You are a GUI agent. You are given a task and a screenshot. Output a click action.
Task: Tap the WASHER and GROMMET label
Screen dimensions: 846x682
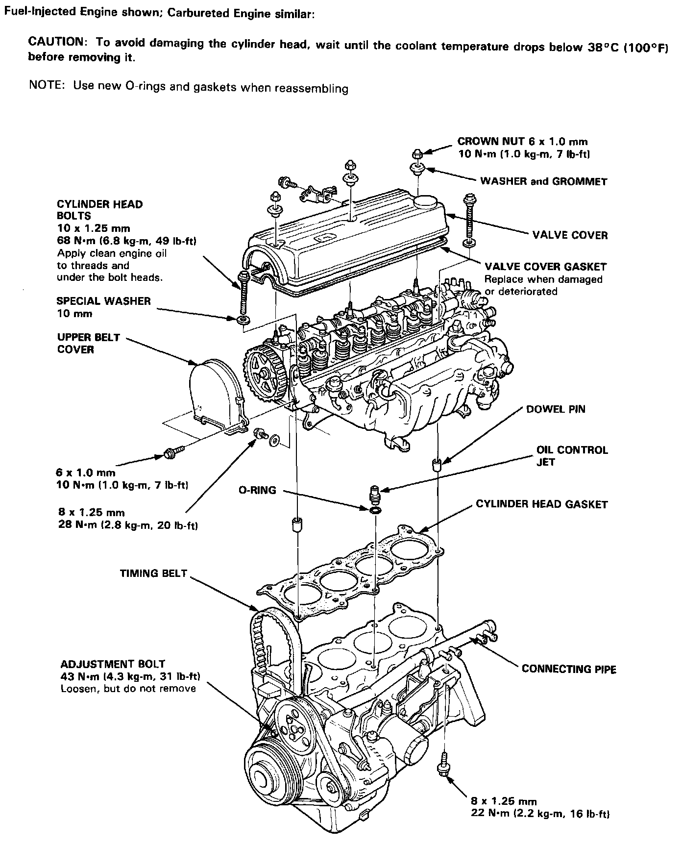pos(543,182)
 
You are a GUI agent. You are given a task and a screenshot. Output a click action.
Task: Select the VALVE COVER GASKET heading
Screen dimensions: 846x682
pos(545,267)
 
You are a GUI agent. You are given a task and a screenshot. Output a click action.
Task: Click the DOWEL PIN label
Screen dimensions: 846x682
pos(555,409)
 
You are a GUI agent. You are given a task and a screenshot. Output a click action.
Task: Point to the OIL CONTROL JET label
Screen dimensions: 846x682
pos(572,455)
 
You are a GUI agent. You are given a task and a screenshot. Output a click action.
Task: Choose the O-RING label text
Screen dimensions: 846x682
pos(257,490)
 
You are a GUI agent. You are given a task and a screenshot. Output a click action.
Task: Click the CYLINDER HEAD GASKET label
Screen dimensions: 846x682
pos(541,504)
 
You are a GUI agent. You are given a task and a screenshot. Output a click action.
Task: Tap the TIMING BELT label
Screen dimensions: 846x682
pos(153,573)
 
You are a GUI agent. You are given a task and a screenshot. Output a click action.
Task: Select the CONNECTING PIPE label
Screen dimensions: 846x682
pos(569,669)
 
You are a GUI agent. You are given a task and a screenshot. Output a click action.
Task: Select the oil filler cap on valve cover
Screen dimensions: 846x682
pos(424,203)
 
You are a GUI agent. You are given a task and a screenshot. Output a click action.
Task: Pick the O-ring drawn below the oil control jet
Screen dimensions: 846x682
pos(376,511)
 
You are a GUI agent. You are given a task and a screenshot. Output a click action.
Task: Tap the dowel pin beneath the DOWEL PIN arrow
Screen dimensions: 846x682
pos(436,464)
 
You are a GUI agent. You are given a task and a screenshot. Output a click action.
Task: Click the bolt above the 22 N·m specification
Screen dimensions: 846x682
pos(443,770)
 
